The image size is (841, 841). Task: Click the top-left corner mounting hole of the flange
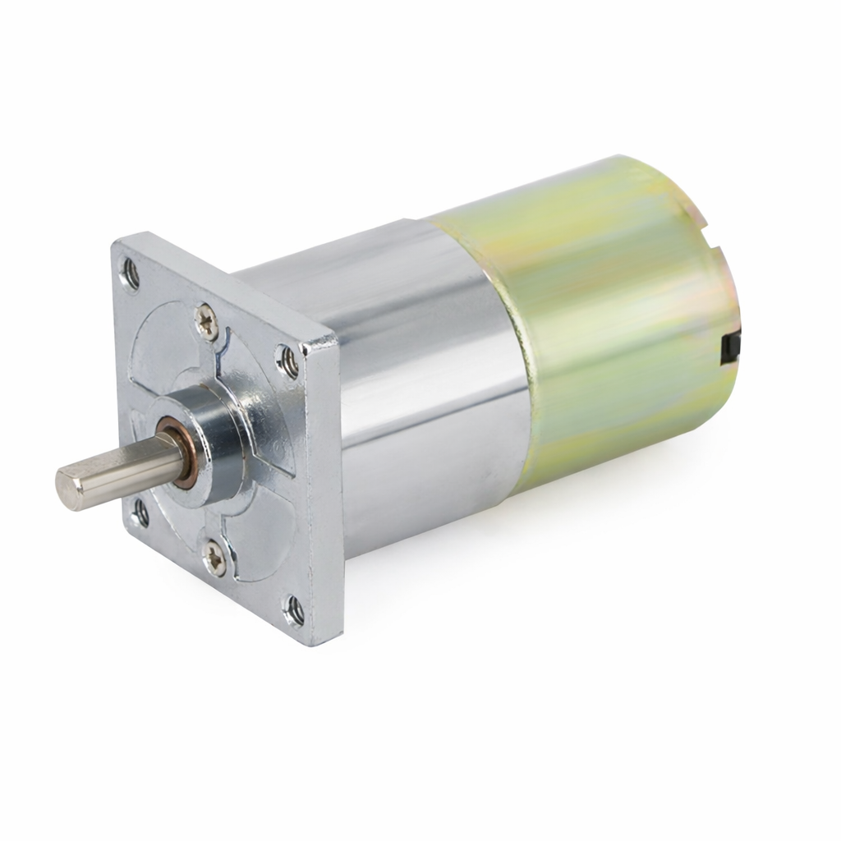pyautogui.click(x=130, y=273)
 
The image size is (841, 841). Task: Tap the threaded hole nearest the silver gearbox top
pyautogui.click(x=287, y=361)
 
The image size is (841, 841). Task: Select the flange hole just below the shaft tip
pyautogui.click(x=140, y=514)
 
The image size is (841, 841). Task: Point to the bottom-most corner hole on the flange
pyautogui.click(x=294, y=610)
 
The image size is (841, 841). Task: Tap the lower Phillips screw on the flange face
pyautogui.click(x=214, y=558)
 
